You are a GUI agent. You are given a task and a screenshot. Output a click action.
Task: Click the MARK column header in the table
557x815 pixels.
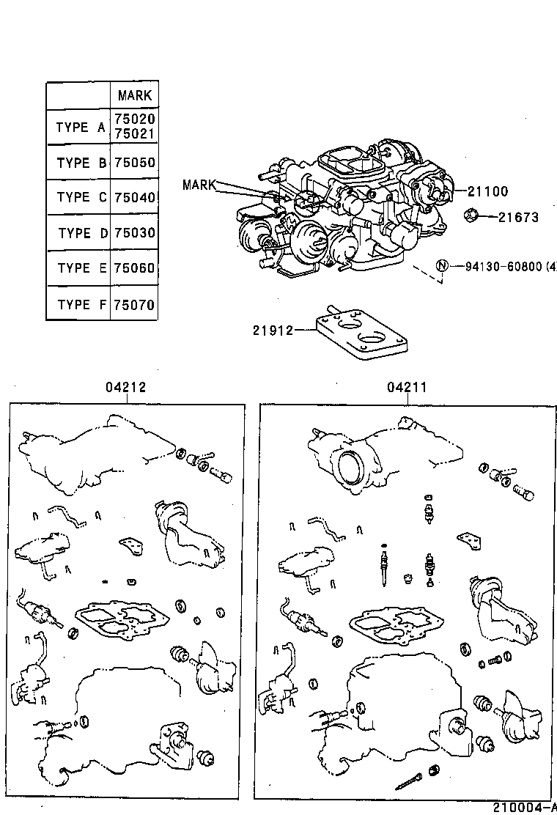(134, 95)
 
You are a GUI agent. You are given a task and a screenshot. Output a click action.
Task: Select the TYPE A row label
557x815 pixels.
(81, 128)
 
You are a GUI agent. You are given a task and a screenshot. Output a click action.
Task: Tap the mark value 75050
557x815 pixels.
(134, 163)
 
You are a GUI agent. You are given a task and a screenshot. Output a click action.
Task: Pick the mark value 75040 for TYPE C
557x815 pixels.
(134, 197)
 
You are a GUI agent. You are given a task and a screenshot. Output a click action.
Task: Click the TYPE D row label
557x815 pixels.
(82, 233)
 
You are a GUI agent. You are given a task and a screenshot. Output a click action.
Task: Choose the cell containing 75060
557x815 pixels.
(134, 268)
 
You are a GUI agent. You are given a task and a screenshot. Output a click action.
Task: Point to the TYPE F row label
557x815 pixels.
(81, 304)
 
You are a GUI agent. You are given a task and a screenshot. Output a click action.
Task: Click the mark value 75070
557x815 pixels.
(134, 304)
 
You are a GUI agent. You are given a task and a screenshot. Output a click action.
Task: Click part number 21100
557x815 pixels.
(486, 192)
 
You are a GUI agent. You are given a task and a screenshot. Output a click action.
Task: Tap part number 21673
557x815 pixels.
(518, 217)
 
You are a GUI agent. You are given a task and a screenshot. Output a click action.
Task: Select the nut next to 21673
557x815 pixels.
(471, 215)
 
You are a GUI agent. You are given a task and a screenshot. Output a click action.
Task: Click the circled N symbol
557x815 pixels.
(442, 265)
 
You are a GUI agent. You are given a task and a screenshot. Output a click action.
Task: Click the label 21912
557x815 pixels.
(273, 331)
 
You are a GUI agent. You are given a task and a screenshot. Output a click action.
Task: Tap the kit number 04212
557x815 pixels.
(125, 388)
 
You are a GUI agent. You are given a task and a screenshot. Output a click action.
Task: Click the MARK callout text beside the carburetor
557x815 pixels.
(199, 185)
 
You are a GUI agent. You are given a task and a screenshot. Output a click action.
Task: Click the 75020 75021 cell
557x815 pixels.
(134, 128)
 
